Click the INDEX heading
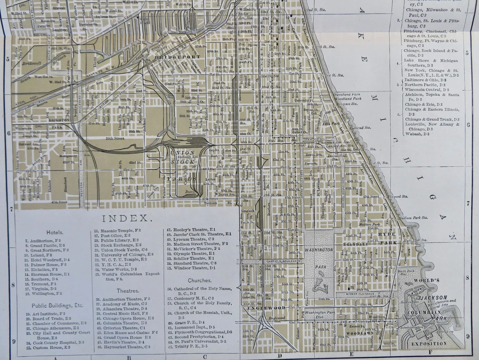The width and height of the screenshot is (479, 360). click(x=127, y=218)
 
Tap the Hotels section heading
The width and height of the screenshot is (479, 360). click(x=54, y=232)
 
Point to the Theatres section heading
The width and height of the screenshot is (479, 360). click(x=128, y=291)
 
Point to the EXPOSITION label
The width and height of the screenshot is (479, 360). click(x=430, y=343)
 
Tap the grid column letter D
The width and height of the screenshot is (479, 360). click(x=280, y=356)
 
